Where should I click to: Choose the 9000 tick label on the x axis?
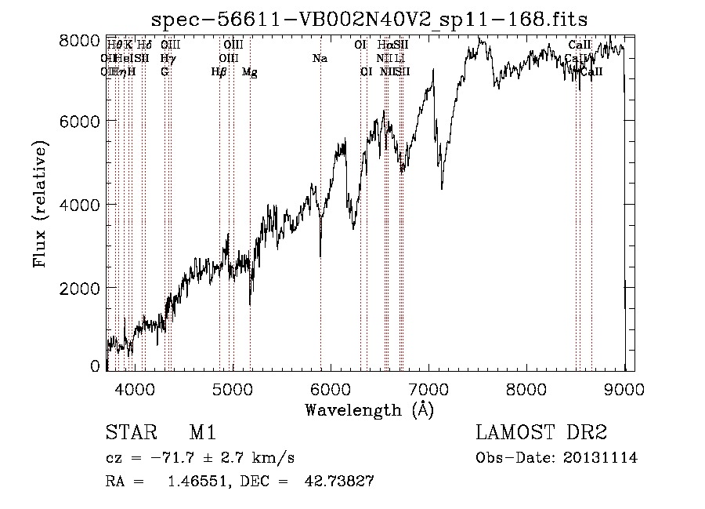(x=624, y=387)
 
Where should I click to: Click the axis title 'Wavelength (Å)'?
(x=368, y=409)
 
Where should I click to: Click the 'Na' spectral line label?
(x=320, y=59)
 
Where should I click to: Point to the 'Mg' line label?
(x=249, y=72)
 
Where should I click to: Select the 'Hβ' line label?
(x=219, y=72)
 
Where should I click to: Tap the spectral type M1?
(x=202, y=433)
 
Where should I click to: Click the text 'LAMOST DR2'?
(x=541, y=433)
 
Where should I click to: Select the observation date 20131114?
(x=599, y=458)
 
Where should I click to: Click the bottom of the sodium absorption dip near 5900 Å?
(x=320, y=255)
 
